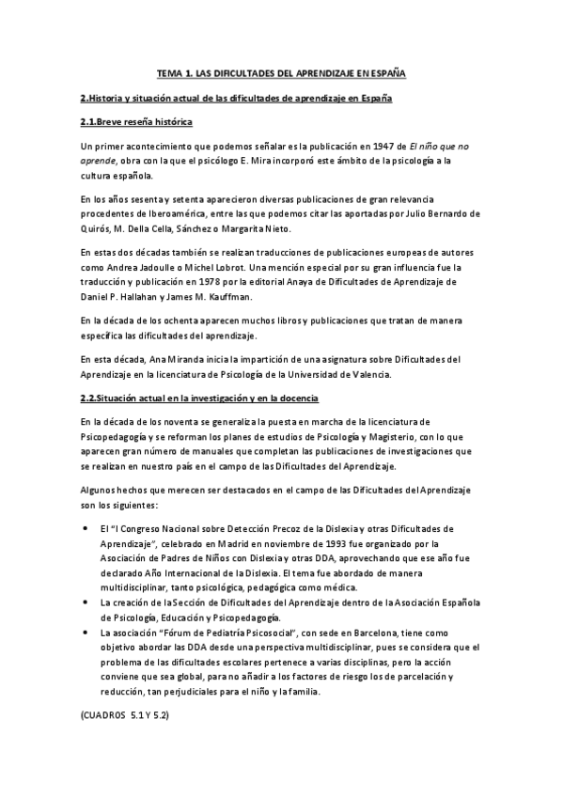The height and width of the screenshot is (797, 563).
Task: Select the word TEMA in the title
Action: coord(168,72)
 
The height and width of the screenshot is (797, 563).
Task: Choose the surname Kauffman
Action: coord(227,295)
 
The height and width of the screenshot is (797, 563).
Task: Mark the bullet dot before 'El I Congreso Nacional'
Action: coord(86,529)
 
